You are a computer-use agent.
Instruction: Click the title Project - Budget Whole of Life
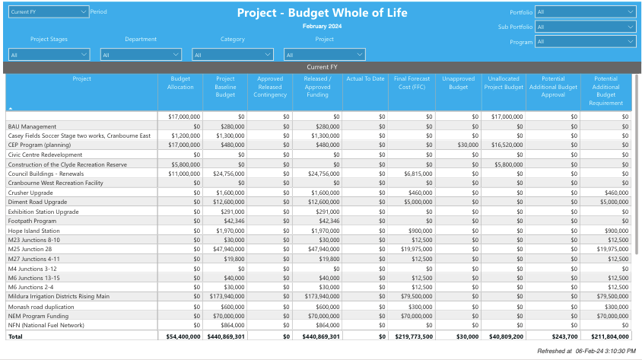point(322,13)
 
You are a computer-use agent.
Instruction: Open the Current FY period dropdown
point(49,12)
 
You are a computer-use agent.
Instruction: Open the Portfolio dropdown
point(585,12)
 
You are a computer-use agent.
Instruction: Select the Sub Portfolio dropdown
point(585,27)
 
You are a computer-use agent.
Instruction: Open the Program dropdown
point(585,42)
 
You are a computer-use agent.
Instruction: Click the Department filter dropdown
point(141,55)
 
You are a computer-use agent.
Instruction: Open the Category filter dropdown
point(233,55)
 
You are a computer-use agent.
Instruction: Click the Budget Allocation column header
point(180,83)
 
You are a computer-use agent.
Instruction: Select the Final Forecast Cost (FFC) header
point(412,83)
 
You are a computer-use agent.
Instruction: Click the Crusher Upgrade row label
point(30,193)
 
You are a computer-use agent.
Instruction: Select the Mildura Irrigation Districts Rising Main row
point(59,296)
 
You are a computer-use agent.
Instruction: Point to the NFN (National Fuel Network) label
point(46,325)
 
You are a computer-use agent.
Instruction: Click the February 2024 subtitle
point(322,27)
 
